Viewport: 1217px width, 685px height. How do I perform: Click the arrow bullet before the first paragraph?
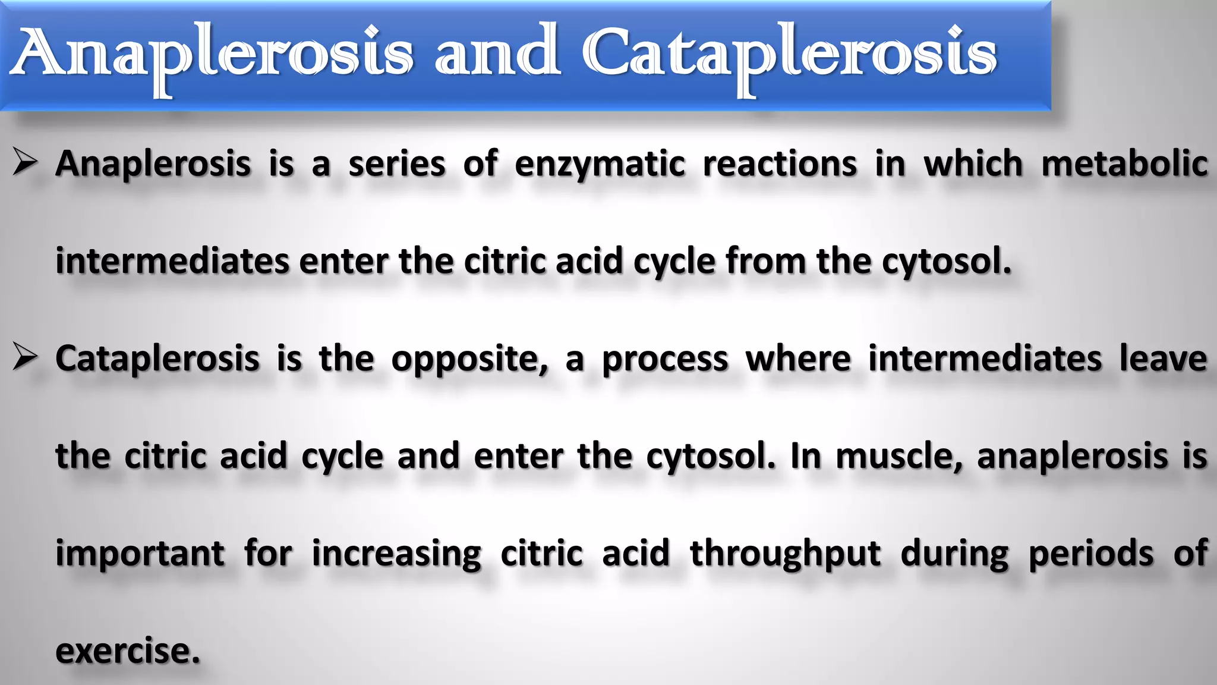(26, 163)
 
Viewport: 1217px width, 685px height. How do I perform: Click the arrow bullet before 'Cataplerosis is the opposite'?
(26, 358)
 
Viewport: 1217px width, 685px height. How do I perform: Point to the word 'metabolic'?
(1124, 164)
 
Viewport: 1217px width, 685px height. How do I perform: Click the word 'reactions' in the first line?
(780, 164)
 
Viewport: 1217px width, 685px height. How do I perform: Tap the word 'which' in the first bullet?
(973, 164)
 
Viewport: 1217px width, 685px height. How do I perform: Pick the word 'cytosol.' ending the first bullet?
(946, 262)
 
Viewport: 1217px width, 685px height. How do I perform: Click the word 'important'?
(140, 554)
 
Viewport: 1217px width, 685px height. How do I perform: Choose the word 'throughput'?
(786, 554)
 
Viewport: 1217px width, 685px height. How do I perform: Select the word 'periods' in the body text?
(1091, 554)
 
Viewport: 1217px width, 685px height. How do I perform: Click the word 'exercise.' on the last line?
(128, 651)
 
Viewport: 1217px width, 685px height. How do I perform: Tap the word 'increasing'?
(396, 554)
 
